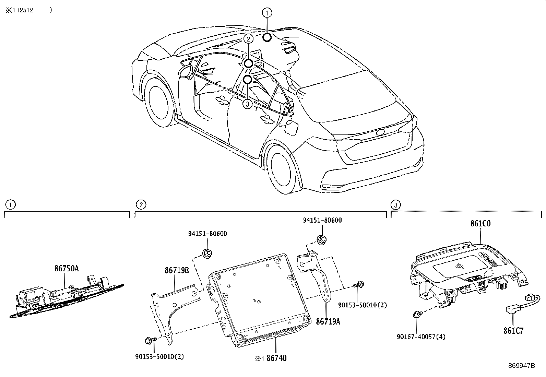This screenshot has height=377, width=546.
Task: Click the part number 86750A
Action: tap(67, 269)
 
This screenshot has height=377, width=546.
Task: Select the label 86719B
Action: tap(177, 270)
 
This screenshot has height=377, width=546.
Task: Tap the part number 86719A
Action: tap(328, 322)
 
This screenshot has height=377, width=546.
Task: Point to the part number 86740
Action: tap(277, 358)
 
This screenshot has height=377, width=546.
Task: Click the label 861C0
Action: tap(480, 223)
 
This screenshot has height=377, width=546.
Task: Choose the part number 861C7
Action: tap(513, 331)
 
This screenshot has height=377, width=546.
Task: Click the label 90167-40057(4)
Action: tap(421, 337)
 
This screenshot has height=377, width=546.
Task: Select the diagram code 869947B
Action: tap(522, 366)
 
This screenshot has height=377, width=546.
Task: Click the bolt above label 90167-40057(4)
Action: tap(416, 314)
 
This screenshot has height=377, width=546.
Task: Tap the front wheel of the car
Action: tap(158, 103)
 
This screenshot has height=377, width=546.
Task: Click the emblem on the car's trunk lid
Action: tap(380, 132)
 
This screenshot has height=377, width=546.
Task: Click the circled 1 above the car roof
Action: tap(267, 13)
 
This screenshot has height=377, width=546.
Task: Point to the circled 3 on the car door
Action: tap(247, 104)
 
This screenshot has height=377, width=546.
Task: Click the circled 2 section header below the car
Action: tap(141, 205)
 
